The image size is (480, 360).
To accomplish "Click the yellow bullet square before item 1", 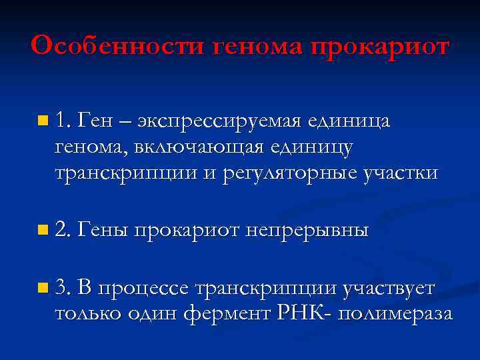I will (43, 121).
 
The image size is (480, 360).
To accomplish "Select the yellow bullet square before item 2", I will (43, 231).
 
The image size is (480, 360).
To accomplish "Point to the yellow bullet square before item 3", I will (43, 289).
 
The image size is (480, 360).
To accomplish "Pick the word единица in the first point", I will (350, 121).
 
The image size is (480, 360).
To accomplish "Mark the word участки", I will (401, 173).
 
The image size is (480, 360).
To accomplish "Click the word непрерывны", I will (307, 231).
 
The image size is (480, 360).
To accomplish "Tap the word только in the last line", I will (87, 313).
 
